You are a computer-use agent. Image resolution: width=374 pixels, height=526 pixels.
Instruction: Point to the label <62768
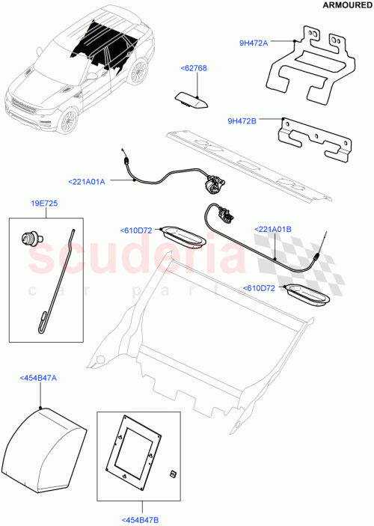point(193,68)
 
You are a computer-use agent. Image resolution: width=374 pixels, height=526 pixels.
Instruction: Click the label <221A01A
point(88,181)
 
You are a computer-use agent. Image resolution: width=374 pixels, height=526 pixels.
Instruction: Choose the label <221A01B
point(273,230)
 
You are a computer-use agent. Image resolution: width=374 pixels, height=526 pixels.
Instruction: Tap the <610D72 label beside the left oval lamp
point(135,230)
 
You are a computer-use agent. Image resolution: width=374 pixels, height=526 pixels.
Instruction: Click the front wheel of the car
point(68,120)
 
